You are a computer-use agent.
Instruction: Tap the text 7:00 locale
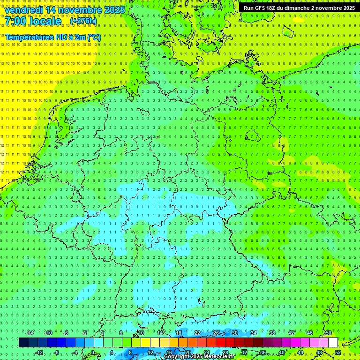point(33,22)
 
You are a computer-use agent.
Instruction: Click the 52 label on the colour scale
point(338,352)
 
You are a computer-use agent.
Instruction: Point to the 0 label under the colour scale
point(93,352)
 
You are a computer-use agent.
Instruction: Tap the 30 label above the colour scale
point(234,333)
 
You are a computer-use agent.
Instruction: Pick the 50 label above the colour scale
point(328,333)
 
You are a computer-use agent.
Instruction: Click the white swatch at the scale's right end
point(333,343)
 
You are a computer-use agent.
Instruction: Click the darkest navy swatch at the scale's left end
point(23,343)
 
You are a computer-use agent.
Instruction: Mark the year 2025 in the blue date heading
point(114,10)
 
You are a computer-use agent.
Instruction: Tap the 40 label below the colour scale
point(282,352)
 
